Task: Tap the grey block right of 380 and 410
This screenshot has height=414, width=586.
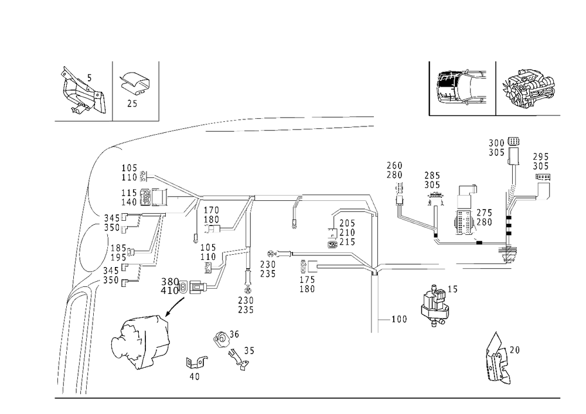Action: [x=197, y=287]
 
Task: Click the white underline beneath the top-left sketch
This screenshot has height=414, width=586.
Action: [x=81, y=122]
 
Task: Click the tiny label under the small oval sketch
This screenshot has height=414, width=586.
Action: [x=132, y=102]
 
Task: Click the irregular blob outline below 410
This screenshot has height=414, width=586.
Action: [x=141, y=343]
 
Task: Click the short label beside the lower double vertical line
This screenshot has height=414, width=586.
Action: [x=401, y=319]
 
